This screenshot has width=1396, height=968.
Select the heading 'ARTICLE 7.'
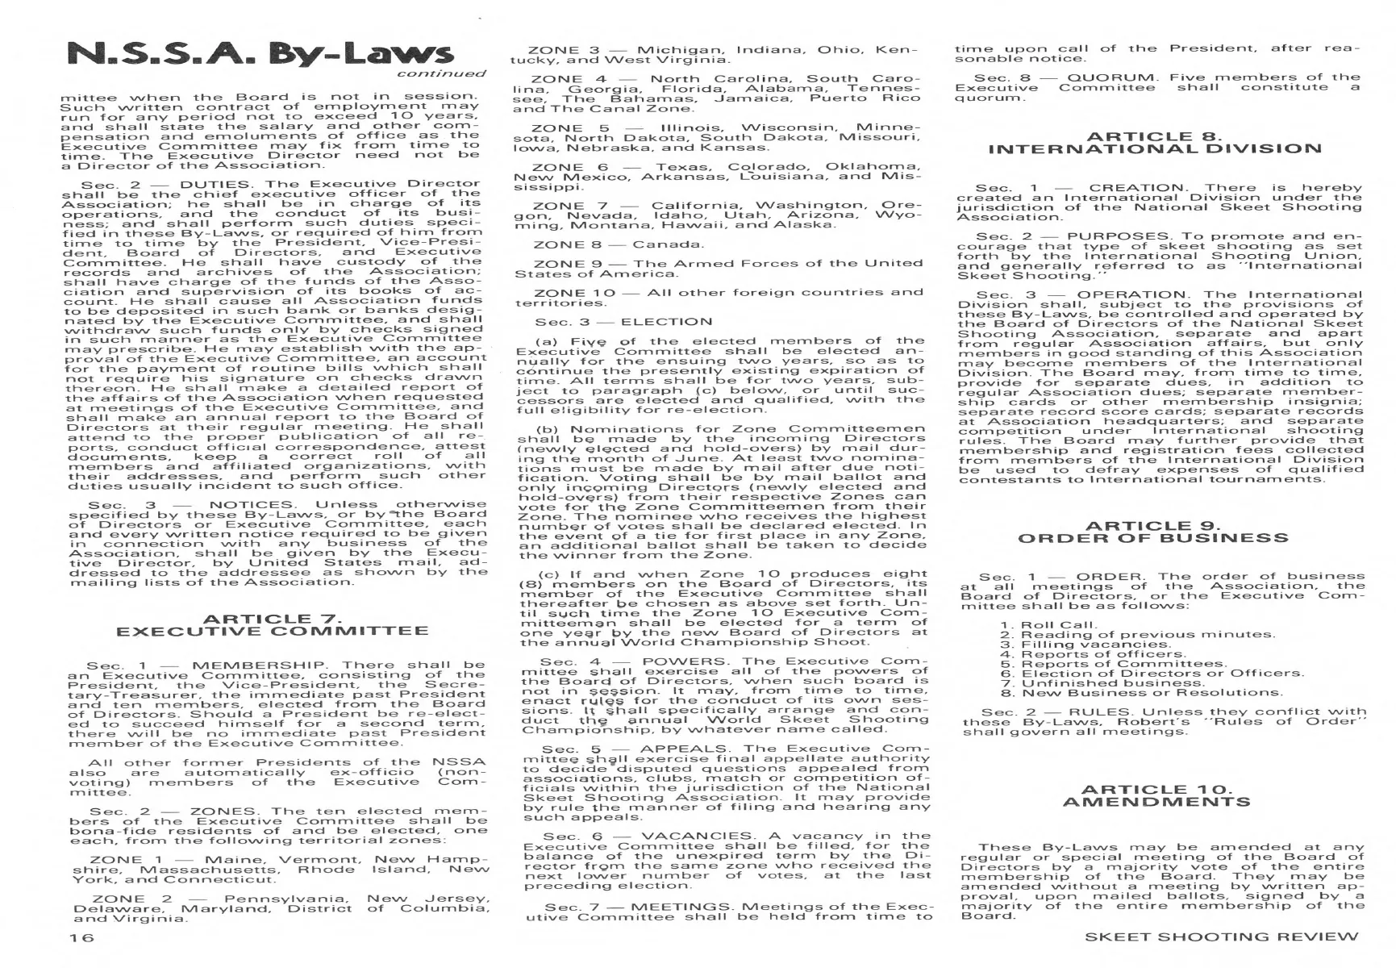pos(272,619)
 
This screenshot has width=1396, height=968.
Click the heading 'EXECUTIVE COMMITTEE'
pos(272,632)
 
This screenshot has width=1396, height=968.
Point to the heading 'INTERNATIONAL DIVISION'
pos(1155,149)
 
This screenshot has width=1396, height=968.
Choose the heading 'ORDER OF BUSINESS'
pos(1153,539)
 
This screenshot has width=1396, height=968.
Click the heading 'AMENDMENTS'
pos(1156,802)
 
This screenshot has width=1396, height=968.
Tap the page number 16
pos(81,937)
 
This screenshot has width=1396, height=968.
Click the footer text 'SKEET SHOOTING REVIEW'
pos(1221,937)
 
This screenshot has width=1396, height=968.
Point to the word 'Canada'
pos(667,244)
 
